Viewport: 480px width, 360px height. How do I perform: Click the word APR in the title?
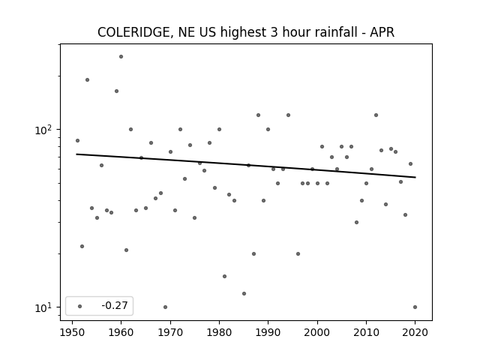380,32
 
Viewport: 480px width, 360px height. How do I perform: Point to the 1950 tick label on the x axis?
73,331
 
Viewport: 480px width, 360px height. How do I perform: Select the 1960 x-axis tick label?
121,331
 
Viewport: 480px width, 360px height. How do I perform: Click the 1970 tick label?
170,331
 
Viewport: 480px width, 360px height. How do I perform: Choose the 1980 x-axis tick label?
219,331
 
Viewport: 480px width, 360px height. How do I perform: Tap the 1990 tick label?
268,331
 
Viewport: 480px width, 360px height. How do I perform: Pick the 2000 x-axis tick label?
317,331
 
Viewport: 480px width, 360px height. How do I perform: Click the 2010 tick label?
366,331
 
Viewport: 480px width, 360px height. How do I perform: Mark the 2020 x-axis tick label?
415,331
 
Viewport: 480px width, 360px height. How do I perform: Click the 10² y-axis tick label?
44,129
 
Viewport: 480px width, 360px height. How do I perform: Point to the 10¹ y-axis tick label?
44,307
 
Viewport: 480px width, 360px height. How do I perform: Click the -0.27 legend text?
114,306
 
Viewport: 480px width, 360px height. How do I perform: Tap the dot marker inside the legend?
79,306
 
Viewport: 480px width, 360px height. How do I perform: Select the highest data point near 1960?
121,56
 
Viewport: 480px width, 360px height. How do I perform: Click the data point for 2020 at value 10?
415,307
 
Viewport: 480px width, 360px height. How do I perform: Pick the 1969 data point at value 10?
165,307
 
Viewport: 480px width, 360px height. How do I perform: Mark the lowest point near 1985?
244,293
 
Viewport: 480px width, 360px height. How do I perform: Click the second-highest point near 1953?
87,79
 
